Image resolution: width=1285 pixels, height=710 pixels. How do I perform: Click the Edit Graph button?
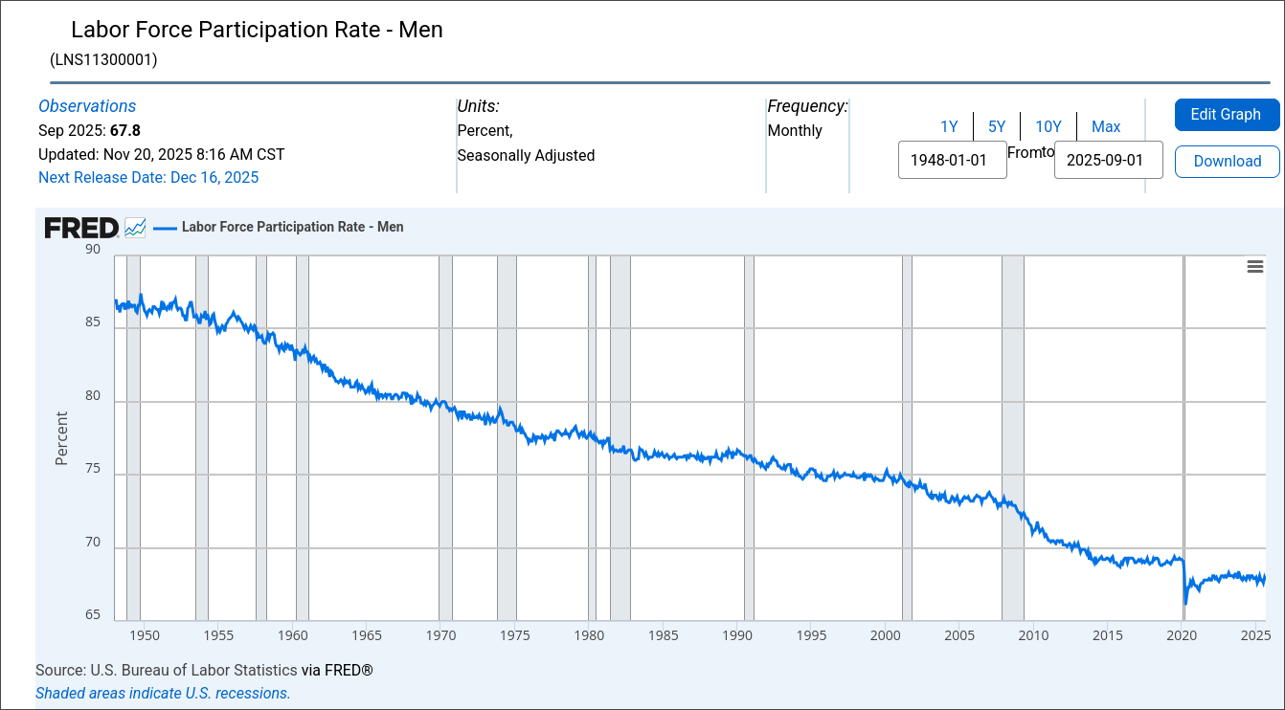coord(1227,115)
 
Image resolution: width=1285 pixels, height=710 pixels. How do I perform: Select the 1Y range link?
coord(949,126)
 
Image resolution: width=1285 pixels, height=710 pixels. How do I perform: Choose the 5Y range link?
coord(997,126)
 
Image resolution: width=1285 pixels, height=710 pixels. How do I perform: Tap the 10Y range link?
coord(1048,126)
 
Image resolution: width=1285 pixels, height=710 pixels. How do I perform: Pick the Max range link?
coord(1106,126)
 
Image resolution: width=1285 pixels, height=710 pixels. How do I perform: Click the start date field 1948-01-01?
coord(952,160)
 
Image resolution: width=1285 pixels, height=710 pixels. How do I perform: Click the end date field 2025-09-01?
coord(1108,160)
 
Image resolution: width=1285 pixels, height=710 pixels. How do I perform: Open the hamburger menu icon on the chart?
coord(1254,267)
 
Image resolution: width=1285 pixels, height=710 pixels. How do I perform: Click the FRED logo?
coord(81,228)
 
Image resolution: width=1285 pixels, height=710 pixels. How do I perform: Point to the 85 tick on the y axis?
coord(93,322)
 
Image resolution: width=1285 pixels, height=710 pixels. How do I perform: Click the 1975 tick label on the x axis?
coord(515,635)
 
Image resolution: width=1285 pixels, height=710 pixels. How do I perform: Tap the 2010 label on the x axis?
coord(1034,635)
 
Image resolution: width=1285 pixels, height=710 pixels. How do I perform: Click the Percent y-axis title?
coord(62,438)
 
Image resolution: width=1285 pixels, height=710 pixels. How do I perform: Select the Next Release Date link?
coord(148,177)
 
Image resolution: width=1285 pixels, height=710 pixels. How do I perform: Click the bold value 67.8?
coord(125,130)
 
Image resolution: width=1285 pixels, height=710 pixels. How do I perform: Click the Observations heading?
coord(87,106)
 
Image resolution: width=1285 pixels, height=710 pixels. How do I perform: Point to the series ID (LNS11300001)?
coord(103,59)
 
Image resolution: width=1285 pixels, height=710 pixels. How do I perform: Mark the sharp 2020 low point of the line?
coord(1185,604)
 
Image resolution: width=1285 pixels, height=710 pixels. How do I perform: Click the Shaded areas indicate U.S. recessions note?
coord(163,693)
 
